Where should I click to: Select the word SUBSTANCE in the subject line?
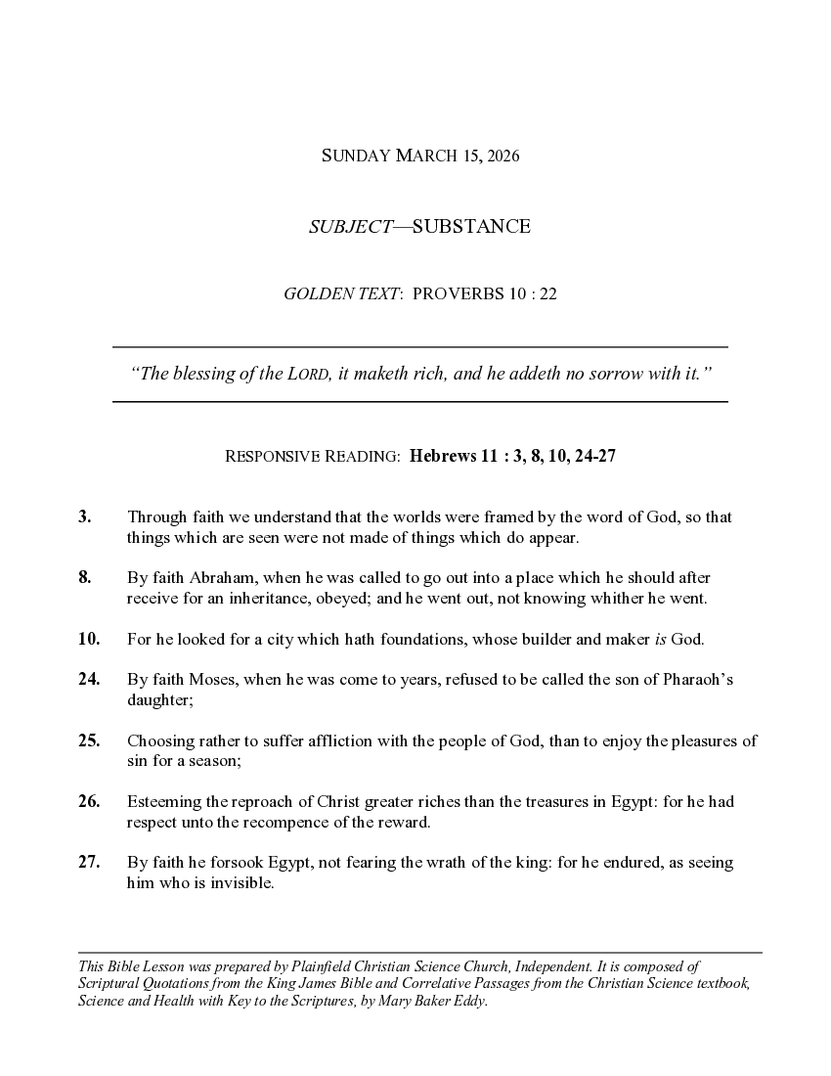click(x=471, y=227)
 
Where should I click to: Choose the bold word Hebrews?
click(x=442, y=456)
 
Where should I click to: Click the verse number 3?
click(x=84, y=516)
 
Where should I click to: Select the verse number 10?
click(x=89, y=639)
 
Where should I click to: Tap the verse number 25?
click(x=89, y=740)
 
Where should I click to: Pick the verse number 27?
click(x=89, y=862)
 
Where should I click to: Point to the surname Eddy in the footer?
click(x=467, y=1002)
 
